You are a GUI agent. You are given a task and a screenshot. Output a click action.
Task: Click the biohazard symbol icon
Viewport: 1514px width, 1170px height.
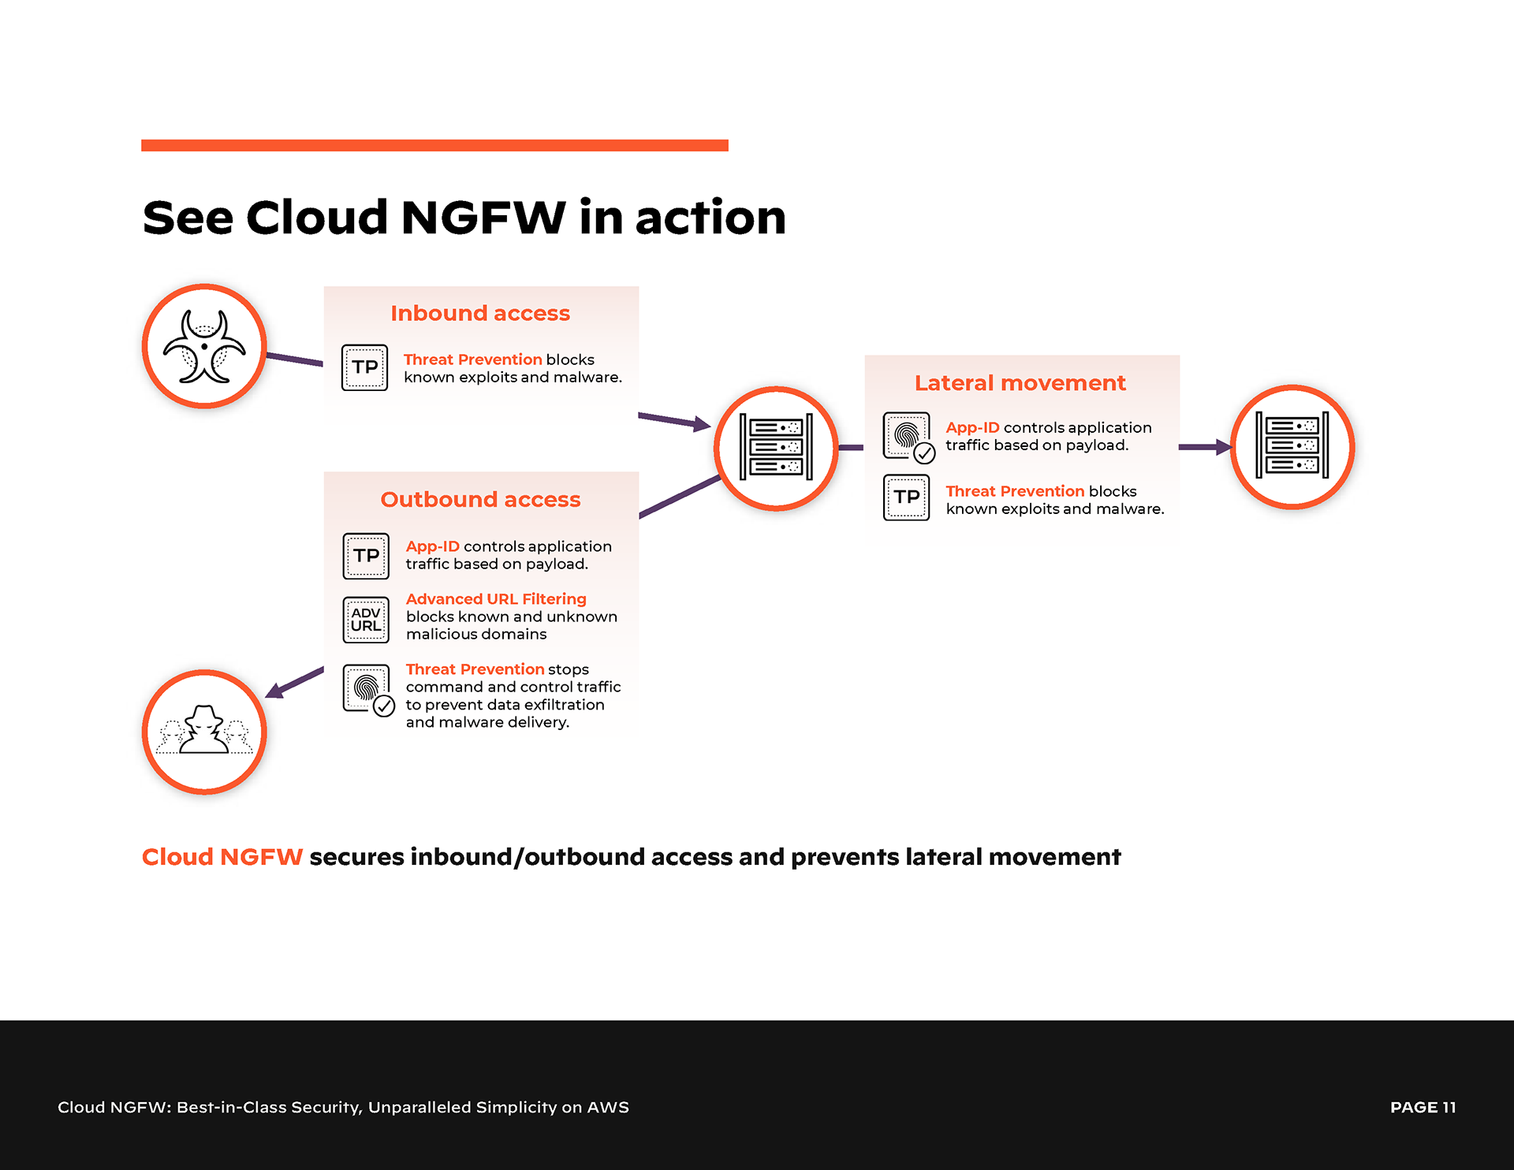(204, 347)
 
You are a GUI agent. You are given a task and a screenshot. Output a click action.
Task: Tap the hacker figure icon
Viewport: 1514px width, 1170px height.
(204, 732)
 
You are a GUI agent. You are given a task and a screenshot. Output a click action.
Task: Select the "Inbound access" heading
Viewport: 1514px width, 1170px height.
(480, 313)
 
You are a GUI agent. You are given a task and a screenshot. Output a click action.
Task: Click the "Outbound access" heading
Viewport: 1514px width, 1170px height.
(480, 499)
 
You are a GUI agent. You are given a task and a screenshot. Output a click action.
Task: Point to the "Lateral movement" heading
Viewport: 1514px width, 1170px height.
(1020, 383)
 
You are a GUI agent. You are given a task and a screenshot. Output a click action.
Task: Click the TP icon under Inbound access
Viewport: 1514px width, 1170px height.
(364, 367)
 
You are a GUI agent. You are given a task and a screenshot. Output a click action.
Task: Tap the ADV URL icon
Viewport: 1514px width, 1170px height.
(366, 620)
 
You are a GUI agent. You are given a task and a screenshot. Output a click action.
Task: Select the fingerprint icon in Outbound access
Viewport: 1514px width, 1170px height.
(367, 689)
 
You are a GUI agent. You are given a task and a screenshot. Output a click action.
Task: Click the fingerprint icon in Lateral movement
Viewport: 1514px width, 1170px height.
(908, 436)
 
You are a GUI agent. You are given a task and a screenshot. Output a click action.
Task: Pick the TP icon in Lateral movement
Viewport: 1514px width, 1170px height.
(907, 497)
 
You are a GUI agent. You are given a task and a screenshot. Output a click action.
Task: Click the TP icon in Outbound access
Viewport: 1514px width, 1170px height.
(366, 556)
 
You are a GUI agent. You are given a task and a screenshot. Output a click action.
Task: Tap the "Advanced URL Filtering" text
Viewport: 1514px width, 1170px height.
(496, 599)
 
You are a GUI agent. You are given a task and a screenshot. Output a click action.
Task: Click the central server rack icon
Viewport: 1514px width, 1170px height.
(776, 448)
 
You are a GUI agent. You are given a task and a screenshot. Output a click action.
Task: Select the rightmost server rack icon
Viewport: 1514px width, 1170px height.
(1292, 446)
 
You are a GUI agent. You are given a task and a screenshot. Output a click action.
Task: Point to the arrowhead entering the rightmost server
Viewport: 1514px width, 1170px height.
(1224, 447)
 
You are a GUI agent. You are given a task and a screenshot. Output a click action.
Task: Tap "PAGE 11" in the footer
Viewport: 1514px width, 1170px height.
(1423, 1107)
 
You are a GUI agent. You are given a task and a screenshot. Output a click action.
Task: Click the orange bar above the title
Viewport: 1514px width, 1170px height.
(434, 145)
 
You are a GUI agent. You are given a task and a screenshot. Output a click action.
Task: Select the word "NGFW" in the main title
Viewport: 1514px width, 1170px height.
(483, 218)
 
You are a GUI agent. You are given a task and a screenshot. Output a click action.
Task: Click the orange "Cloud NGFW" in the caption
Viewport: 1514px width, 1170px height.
(222, 857)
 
